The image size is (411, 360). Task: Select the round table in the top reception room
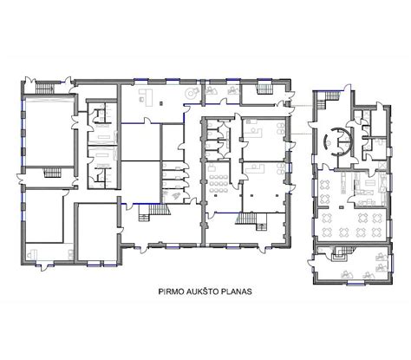point(191,93)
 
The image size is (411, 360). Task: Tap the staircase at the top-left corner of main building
point(45,88)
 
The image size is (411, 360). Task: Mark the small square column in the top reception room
point(161,102)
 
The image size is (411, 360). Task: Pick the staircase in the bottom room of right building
point(341,254)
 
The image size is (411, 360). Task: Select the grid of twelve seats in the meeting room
point(219,183)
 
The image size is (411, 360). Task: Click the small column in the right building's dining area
point(342,207)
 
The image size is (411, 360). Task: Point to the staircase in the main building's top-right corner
point(264,88)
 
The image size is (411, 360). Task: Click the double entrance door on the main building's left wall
point(20,180)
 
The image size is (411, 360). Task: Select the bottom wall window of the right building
point(356,284)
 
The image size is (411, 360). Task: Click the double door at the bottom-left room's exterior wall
point(45,266)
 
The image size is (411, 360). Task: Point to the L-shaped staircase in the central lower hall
point(153,213)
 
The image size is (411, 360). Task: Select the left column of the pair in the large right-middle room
point(252,196)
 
